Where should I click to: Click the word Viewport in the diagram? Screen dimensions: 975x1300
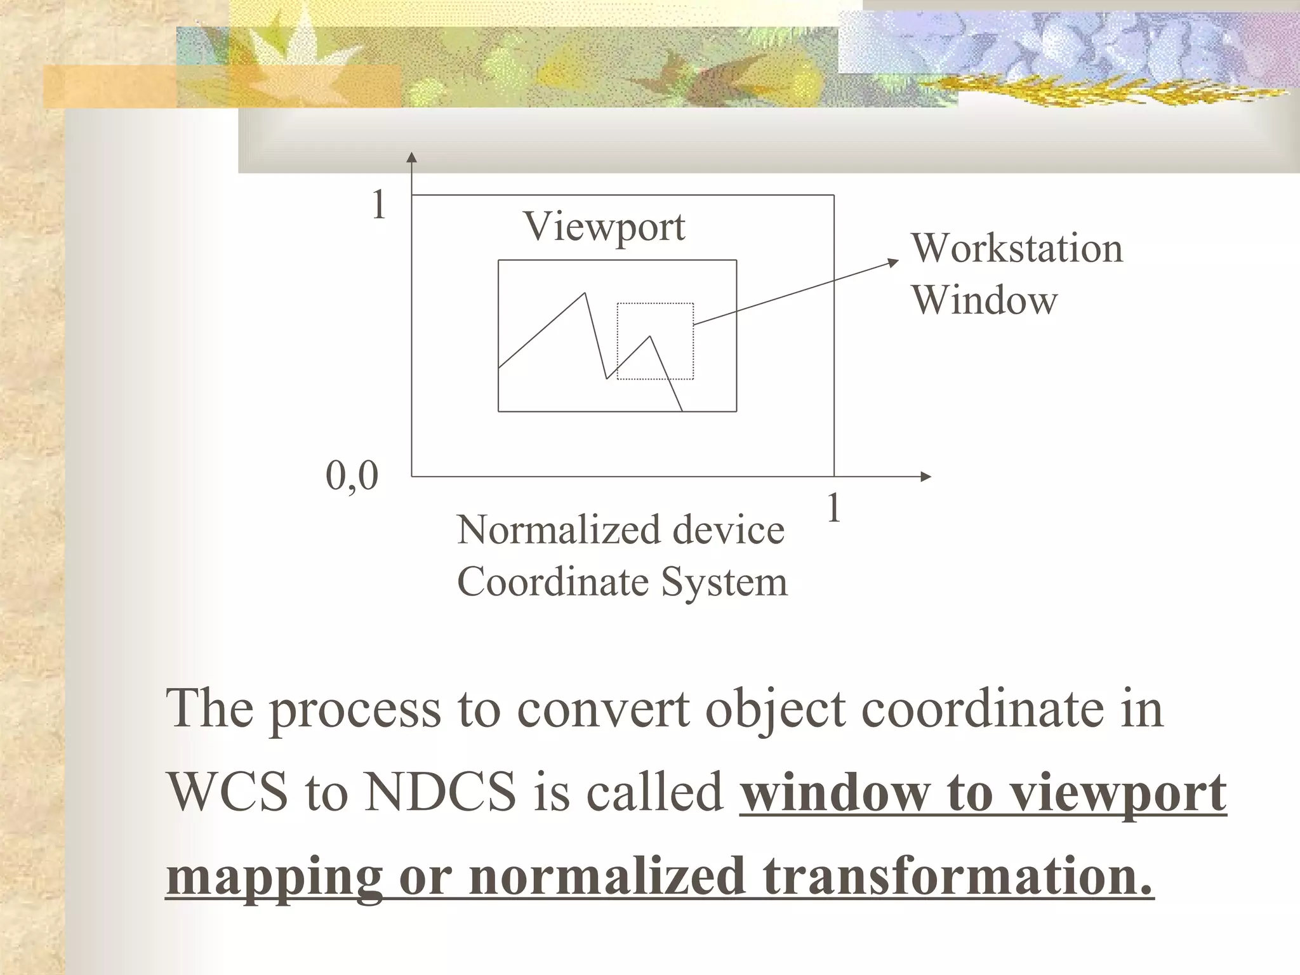coord(604,227)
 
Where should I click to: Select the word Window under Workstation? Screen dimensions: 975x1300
coord(985,300)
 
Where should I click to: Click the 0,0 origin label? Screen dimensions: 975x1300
coord(352,475)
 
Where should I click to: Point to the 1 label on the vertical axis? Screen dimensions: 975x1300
coord(379,206)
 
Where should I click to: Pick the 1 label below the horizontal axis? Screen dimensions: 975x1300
coord(834,508)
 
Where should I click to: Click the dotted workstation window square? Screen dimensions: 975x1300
coord(655,341)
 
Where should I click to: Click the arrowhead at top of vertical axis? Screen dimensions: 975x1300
coord(412,157)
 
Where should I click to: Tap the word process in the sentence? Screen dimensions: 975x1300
coord(355,710)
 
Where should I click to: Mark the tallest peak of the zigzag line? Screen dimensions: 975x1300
coord(585,293)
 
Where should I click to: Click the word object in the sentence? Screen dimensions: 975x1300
coord(775,710)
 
